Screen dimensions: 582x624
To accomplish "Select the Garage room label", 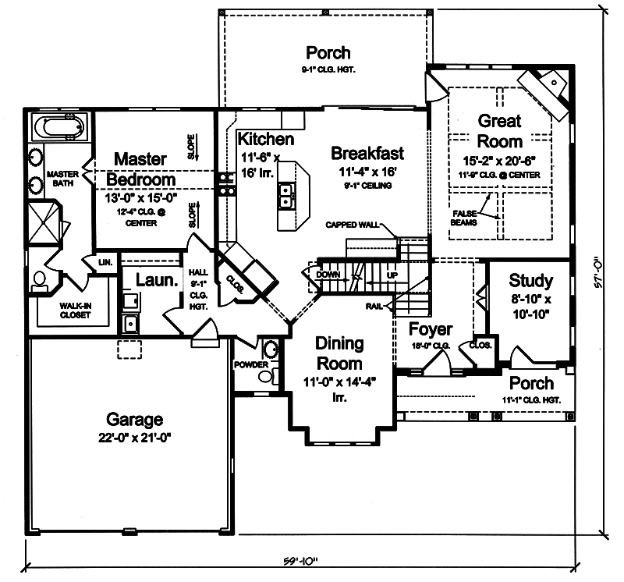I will point(136,419).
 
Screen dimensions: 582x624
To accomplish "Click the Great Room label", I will point(499,131).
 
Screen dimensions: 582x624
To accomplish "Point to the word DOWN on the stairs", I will point(327,275).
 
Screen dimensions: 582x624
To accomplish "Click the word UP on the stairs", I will point(392,275).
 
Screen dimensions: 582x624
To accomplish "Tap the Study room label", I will point(530,280).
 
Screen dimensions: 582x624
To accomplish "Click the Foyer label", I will point(430,329).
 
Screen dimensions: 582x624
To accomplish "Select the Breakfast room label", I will point(367,153).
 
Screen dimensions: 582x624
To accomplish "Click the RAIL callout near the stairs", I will point(373,306).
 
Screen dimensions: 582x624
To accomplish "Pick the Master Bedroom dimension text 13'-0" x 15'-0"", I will point(141,198).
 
